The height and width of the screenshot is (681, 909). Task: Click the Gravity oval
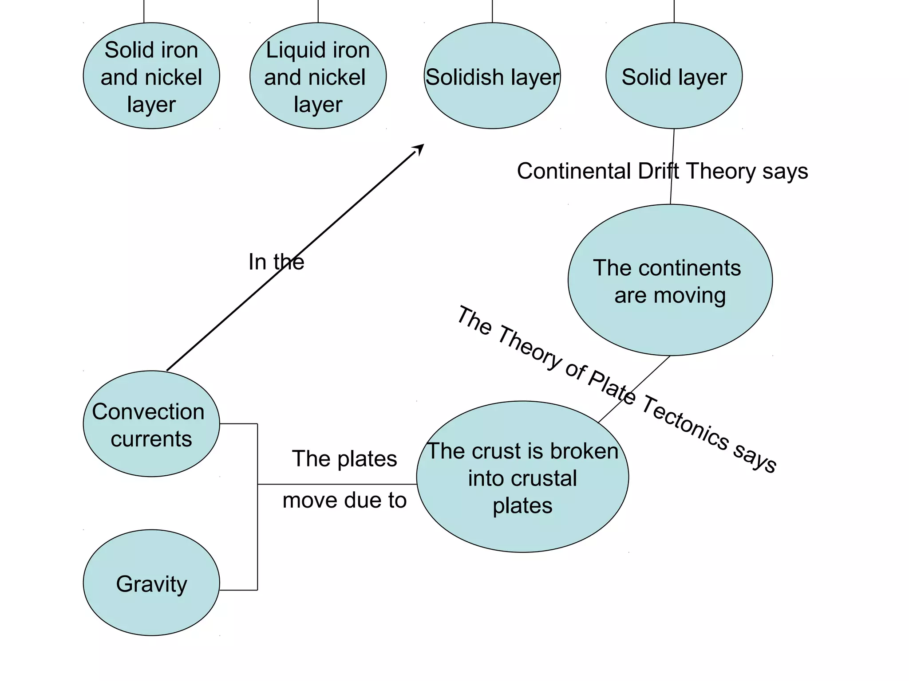coord(151,583)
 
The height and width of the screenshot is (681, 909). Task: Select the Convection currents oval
coord(151,424)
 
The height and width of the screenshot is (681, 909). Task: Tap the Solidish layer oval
coord(492,76)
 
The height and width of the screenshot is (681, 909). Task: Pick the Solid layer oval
coord(674,76)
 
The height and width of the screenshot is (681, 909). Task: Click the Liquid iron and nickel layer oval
coord(318,76)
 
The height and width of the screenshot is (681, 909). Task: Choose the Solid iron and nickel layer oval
coord(151,76)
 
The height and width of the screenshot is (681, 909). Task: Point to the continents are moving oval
coord(670,280)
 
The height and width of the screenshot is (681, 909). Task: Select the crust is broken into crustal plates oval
coord(522,477)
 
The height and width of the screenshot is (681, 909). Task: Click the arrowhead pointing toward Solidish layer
coord(419,149)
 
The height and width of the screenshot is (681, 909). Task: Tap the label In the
coord(276,262)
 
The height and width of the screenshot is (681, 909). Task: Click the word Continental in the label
coord(574,171)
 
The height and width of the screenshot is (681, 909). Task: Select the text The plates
coord(344,458)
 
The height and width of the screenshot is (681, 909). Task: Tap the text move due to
coord(344,500)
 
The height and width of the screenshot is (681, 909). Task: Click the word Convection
coord(148,411)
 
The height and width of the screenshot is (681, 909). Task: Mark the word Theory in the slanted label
coord(530,347)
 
